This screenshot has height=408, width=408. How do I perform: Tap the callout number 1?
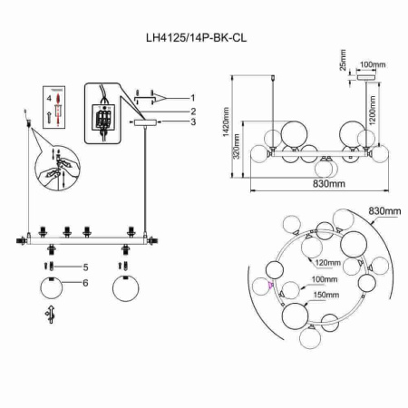point(193,97)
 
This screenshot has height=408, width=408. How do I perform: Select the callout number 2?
point(193,111)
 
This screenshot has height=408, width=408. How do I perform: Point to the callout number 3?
point(193,122)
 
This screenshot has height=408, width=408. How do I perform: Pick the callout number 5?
point(84,267)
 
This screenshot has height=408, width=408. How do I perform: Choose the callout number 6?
point(84,283)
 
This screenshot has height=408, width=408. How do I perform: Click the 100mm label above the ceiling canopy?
point(373,65)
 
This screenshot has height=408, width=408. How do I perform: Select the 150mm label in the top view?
point(324,295)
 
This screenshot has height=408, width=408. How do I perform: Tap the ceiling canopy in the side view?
point(366,77)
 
